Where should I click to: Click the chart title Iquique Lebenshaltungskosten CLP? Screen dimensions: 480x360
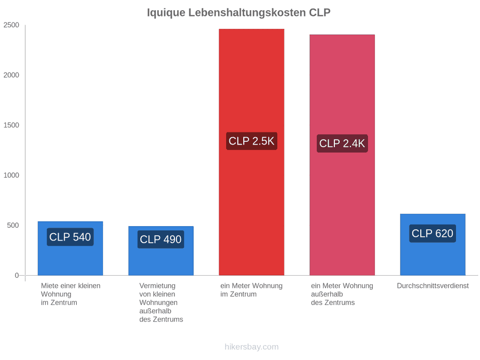tap(239, 13)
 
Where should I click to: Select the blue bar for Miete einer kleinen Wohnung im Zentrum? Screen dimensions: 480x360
tap(70, 248)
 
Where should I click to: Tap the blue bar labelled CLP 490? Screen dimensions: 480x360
tap(161, 251)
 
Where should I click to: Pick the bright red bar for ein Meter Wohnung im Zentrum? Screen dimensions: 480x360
tap(252, 152)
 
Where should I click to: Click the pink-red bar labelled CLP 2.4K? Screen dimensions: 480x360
tap(342, 155)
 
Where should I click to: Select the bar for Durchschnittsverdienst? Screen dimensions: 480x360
tap(433, 245)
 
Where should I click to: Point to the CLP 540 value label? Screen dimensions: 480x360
tap(70, 237)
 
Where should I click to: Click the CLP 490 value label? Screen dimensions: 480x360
tap(161, 239)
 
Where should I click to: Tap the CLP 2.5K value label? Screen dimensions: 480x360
tap(252, 141)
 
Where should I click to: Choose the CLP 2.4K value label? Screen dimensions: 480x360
tap(342, 143)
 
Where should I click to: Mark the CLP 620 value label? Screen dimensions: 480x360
tap(433, 234)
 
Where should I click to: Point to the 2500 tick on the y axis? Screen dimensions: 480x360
tap(11, 25)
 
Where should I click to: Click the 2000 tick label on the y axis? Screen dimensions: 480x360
tap(11, 75)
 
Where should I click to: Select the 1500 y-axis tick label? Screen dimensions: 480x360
tap(11, 125)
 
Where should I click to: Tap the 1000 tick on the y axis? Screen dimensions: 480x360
tap(11, 175)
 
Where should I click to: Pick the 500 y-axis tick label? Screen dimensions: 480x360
tap(13, 225)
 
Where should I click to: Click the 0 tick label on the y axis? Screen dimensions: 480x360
tap(17, 276)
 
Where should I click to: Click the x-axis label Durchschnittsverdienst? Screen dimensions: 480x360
tap(433, 286)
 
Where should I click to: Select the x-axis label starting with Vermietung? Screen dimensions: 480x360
tap(161, 302)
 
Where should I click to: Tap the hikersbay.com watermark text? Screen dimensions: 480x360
tap(252, 347)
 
